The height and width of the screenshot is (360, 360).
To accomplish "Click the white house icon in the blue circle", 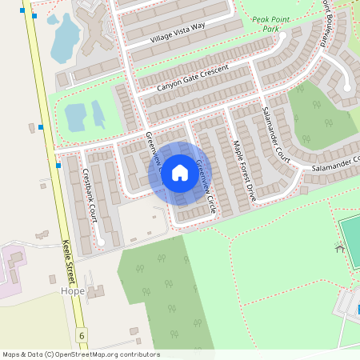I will point(180,173).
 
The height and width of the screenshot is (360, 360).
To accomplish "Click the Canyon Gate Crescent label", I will point(192,77).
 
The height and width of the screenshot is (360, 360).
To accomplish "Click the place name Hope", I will point(72,291).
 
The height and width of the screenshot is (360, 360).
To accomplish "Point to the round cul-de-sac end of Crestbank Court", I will point(101,240).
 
